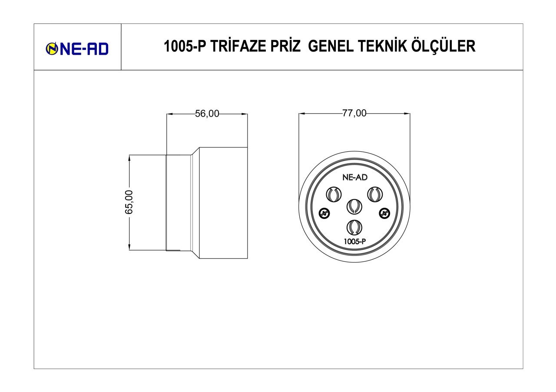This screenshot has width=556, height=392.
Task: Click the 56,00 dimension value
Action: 207,114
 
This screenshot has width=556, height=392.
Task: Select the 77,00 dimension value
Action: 354,114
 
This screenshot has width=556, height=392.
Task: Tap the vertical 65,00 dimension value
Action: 129,202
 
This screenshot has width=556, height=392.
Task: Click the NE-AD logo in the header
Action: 77,49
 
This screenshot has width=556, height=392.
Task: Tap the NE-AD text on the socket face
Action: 354,177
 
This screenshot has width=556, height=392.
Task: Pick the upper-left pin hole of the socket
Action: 334,194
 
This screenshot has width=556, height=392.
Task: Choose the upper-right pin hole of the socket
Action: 374,194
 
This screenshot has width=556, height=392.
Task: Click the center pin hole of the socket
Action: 354,206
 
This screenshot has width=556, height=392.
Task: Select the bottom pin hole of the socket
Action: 354,227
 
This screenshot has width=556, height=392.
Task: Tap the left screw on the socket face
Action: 324,213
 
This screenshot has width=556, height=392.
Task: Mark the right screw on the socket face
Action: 384,213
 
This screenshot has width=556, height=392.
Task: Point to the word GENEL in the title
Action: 330,46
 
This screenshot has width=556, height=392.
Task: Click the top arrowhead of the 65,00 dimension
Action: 129,157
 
